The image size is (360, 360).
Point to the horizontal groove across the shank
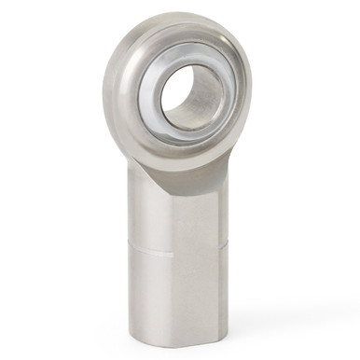[177, 250]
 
